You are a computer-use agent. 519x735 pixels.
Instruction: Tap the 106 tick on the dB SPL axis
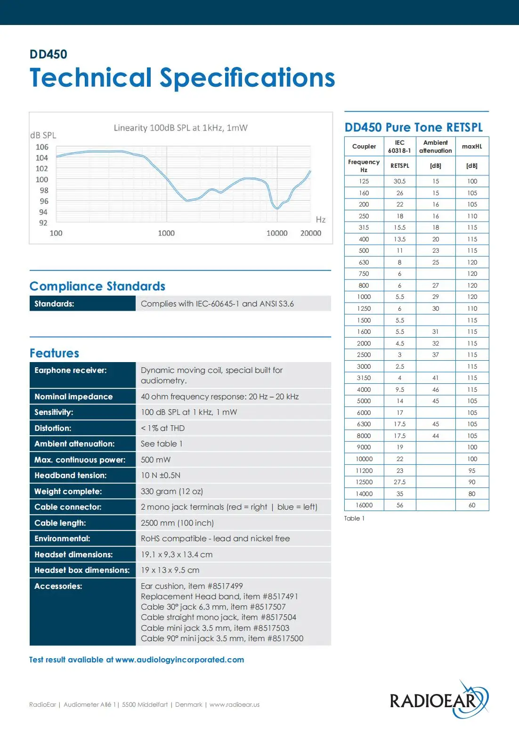42,147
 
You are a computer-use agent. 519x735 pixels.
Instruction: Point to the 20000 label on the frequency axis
310,233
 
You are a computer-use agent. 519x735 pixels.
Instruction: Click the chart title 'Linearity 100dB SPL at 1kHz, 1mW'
180,128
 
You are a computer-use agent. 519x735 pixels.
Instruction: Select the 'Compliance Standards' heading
97,286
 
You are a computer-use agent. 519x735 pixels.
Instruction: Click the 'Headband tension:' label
71,475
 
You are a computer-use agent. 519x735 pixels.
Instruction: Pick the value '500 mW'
156,460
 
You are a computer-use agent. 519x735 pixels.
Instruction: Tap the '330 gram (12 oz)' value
172,491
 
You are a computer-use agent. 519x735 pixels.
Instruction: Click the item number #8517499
225,586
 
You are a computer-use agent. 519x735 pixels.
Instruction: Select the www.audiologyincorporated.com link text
179,660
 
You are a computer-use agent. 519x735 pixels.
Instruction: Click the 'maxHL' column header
472,147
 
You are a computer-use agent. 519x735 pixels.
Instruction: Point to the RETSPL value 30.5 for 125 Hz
400,181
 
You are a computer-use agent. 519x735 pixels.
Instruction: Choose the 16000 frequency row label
364,505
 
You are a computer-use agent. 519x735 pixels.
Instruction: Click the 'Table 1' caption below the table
354,518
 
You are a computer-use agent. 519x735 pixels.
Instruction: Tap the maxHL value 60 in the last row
472,505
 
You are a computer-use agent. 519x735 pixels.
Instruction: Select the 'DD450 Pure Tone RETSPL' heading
414,127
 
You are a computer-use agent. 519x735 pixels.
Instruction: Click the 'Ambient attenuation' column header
436,147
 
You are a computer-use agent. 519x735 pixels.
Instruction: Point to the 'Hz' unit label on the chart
321,220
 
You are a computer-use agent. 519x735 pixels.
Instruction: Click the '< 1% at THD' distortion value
163,428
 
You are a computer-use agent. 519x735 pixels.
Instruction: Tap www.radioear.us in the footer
235,705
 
